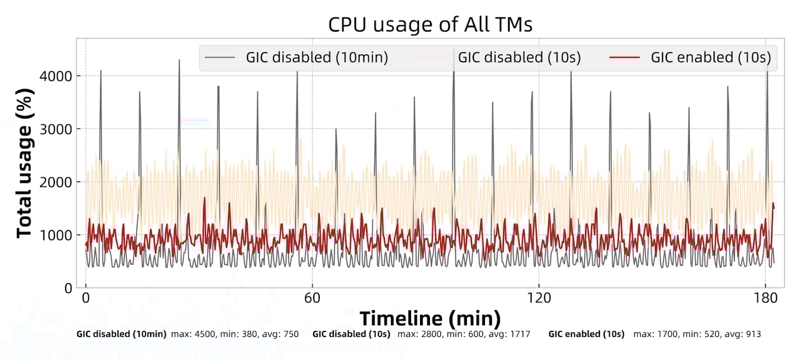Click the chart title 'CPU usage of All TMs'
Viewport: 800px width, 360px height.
[430, 25]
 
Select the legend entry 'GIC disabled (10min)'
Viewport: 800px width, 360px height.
[317, 57]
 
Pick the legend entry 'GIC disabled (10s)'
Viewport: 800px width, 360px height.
[519, 57]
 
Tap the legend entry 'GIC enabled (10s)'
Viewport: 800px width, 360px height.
[711, 57]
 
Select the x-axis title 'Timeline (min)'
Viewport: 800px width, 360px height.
[430, 318]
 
